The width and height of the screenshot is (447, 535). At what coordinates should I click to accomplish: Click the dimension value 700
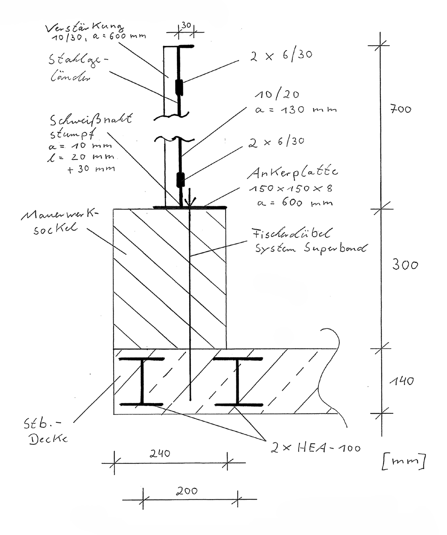(400, 110)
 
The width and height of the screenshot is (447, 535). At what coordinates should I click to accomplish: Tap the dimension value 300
(405, 265)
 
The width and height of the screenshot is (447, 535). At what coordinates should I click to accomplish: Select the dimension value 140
(401, 381)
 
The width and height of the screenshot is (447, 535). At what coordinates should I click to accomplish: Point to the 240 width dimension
(160, 453)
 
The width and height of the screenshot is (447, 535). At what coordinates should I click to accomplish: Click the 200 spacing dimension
(187, 490)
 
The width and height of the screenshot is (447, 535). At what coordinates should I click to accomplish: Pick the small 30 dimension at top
(186, 26)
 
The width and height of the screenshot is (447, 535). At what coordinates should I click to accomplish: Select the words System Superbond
(310, 249)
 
